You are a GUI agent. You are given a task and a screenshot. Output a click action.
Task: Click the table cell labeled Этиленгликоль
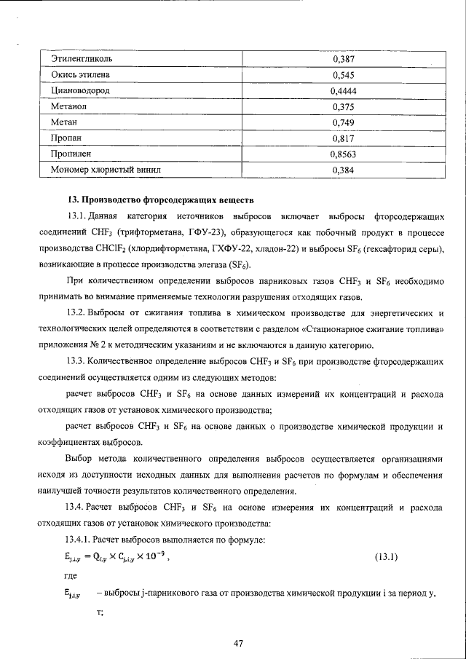[82, 58]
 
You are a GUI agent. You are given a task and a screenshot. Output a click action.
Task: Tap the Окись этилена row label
[80, 74]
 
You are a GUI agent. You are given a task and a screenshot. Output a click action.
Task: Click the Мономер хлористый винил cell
[106, 170]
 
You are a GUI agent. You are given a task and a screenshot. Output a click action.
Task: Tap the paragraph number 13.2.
[77, 313]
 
